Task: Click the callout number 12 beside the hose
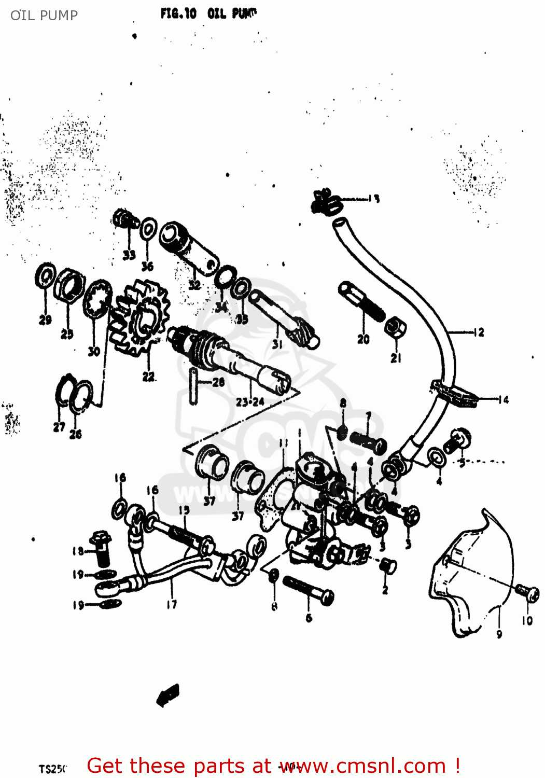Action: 479,332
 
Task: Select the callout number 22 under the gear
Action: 148,377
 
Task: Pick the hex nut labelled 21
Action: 395,328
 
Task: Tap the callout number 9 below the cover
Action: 499,633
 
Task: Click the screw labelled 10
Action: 528,592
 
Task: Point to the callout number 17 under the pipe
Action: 172,604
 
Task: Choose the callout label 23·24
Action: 250,401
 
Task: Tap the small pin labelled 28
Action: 193,384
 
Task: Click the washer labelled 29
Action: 46,275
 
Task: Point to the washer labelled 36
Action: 149,229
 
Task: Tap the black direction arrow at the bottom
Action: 168,695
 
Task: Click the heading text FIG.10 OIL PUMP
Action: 208,13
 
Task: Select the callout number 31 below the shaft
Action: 277,343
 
